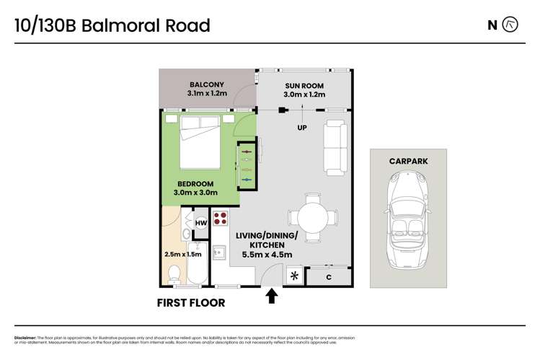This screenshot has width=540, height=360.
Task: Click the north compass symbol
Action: [510, 25]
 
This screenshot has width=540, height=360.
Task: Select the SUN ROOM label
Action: [304, 84]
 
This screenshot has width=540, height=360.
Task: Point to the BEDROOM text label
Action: [195, 184]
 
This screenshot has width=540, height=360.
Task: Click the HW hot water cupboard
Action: [201, 224]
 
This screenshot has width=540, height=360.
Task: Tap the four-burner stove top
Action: [221, 219]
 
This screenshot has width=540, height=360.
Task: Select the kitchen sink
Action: [221, 253]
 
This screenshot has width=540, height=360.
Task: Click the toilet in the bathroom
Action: [174, 273]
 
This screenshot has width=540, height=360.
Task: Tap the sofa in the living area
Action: [335, 148]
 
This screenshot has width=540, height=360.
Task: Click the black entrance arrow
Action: [272, 295]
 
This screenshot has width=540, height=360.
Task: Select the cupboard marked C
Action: [329, 276]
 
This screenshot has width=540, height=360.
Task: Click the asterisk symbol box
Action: [293, 276]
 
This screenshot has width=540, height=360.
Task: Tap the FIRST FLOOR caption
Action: [191, 303]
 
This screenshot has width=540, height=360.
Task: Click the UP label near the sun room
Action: [303, 128]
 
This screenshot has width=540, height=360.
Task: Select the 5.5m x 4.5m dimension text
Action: [266, 254]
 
